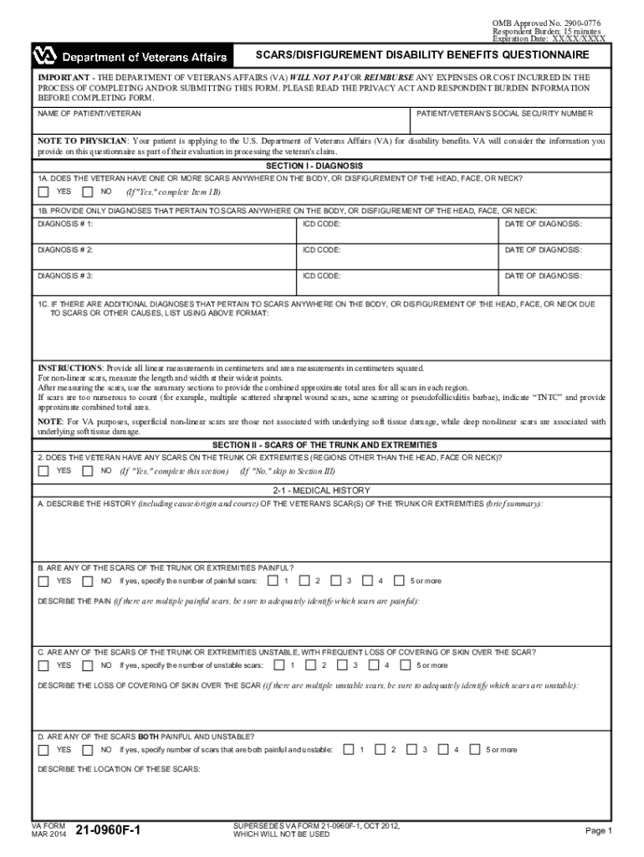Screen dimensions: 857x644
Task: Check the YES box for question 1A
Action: (x=43, y=192)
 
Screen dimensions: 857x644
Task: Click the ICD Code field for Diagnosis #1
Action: (x=398, y=233)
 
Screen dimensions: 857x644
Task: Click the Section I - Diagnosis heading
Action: (x=322, y=166)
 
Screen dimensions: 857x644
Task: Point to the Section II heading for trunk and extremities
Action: (x=322, y=444)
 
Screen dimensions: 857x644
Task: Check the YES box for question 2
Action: (x=43, y=471)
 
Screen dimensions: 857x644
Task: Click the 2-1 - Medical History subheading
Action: (x=322, y=490)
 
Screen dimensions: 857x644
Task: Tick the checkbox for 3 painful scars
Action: (x=336, y=580)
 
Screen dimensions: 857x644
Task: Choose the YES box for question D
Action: (x=43, y=749)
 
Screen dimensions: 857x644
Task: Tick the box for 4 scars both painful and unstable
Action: (x=444, y=749)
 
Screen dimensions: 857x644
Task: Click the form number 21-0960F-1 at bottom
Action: (x=108, y=830)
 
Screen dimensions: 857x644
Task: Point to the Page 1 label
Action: (x=599, y=830)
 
